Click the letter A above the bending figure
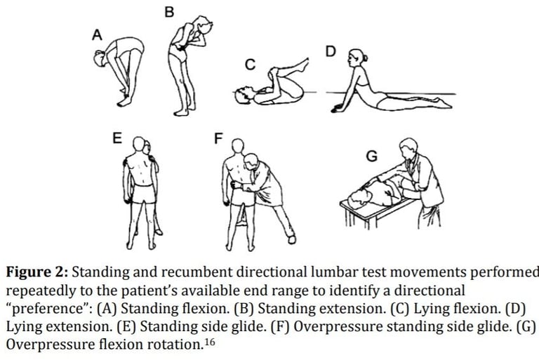(x=98, y=34)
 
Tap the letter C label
(x=249, y=65)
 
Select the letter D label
(x=331, y=51)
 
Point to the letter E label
(x=117, y=138)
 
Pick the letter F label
(x=218, y=138)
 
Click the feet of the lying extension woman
(x=441, y=105)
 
